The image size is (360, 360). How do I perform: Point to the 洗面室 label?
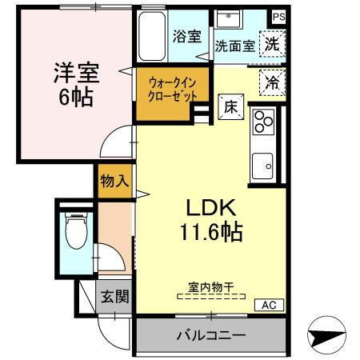click(235, 46)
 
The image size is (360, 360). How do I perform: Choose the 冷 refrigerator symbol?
click(272, 81)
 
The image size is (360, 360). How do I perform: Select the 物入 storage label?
click(114, 181)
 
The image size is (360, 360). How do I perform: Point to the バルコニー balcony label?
click(210, 335)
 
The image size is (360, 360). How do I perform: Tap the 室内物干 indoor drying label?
click(211, 287)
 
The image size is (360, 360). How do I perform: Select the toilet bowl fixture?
click(75, 231)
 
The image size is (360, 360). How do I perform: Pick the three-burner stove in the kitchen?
click(263, 122)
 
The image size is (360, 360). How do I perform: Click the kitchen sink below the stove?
click(262, 166)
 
